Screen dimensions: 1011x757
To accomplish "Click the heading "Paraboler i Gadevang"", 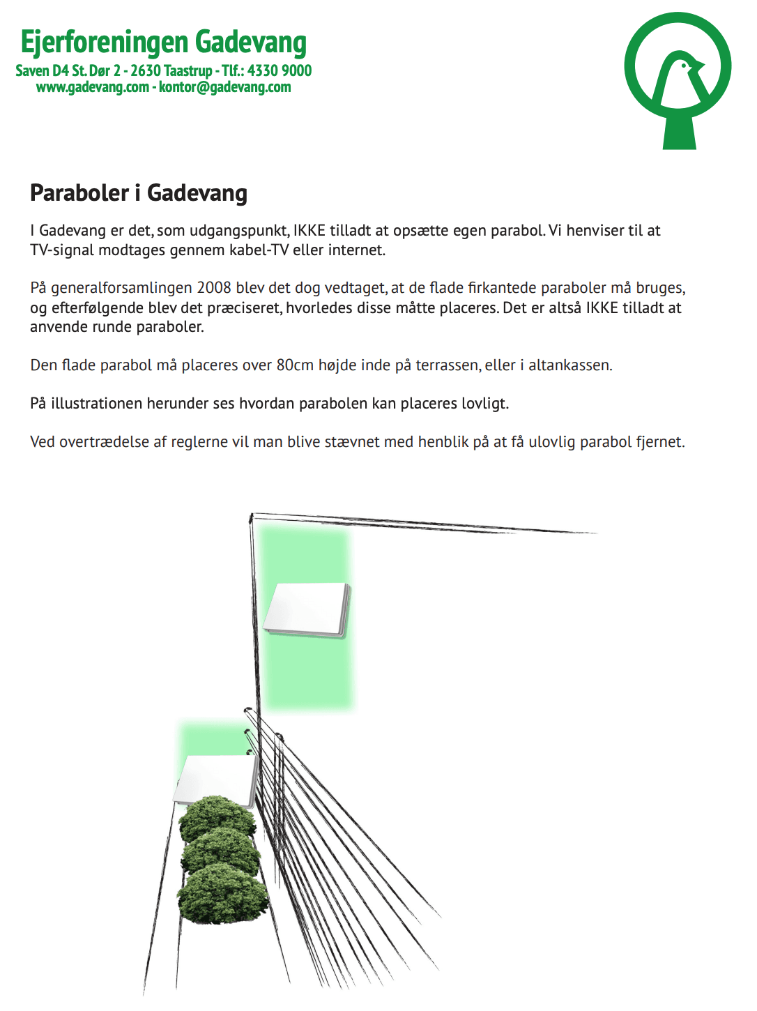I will pos(139,193).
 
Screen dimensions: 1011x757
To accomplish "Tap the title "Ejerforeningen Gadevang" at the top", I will pos(164,42).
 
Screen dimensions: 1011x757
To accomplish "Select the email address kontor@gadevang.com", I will pos(225,87).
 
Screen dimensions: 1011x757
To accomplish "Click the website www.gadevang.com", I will pos(93,87).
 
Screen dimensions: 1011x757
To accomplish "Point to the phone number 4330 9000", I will pos(280,70).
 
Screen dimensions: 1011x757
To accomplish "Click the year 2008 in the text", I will pos(214,288).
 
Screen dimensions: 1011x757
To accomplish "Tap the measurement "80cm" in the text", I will pos(295,365).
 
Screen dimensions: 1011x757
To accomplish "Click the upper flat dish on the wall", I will pos(307,609).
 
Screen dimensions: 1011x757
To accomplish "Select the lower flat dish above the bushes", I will pos(217,779).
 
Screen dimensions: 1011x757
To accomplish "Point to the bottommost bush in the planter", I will pos(222,894).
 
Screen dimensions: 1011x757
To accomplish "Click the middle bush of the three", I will pos(221,852).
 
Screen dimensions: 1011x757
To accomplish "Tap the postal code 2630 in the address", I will pos(146,70).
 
